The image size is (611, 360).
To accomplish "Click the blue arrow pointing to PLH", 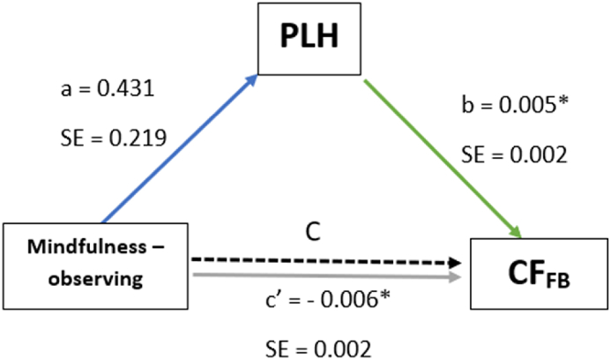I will [x=180, y=149].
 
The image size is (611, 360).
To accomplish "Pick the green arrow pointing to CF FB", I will [x=441, y=159].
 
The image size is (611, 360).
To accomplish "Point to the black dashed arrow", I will [x=326, y=262].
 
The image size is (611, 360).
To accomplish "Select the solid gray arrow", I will [x=326, y=276].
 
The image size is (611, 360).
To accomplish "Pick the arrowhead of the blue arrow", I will [x=254, y=79].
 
